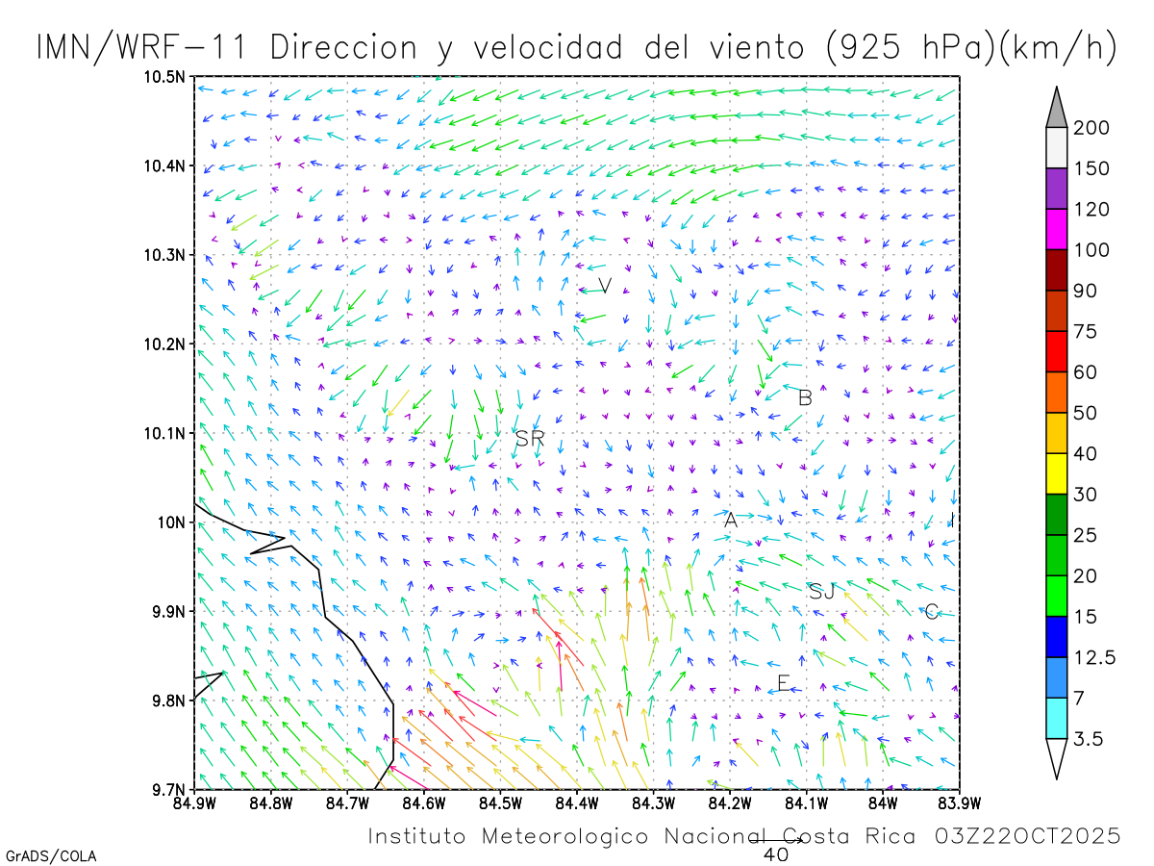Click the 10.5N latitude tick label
coord(165,77)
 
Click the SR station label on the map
coord(530,439)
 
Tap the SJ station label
coord(821,591)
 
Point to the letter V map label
coord(605,285)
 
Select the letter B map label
coord(806,396)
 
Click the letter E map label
coord(784,683)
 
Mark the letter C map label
coord(931,612)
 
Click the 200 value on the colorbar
coord(1091,128)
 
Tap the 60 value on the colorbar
coord(1085,372)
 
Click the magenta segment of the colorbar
coord(1057,230)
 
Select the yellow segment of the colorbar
coord(1057,473)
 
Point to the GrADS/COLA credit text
coord(51,855)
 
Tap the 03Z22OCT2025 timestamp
coord(1027,836)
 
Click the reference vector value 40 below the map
coord(776,853)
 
